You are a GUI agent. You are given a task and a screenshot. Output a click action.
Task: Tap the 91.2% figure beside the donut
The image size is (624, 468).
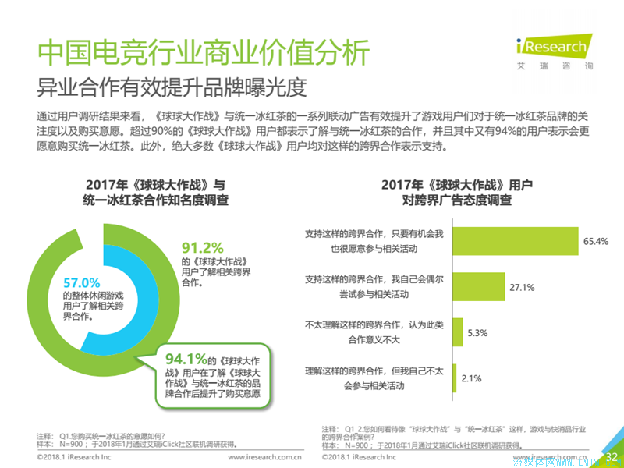click(x=202, y=248)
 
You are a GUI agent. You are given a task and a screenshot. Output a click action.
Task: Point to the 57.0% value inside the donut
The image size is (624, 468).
click(x=82, y=282)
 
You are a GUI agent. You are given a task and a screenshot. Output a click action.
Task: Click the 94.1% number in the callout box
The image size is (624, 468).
click(x=186, y=359)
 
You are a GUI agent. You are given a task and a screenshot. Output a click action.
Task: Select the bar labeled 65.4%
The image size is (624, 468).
click(x=515, y=242)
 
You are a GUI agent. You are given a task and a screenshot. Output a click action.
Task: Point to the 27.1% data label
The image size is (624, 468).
click(x=521, y=287)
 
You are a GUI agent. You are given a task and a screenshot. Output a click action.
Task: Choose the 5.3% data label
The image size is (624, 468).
click(x=477, y=333)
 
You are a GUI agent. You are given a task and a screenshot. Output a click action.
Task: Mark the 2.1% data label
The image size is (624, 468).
click(x=471, y=378)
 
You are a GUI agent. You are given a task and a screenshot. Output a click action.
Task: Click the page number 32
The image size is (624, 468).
click(x=612, y=456)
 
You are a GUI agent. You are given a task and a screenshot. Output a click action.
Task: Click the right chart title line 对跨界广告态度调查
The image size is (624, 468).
click(x=456, y=200)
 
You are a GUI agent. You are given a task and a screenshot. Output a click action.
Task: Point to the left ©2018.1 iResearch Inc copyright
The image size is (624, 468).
click(x=74, y=458)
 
